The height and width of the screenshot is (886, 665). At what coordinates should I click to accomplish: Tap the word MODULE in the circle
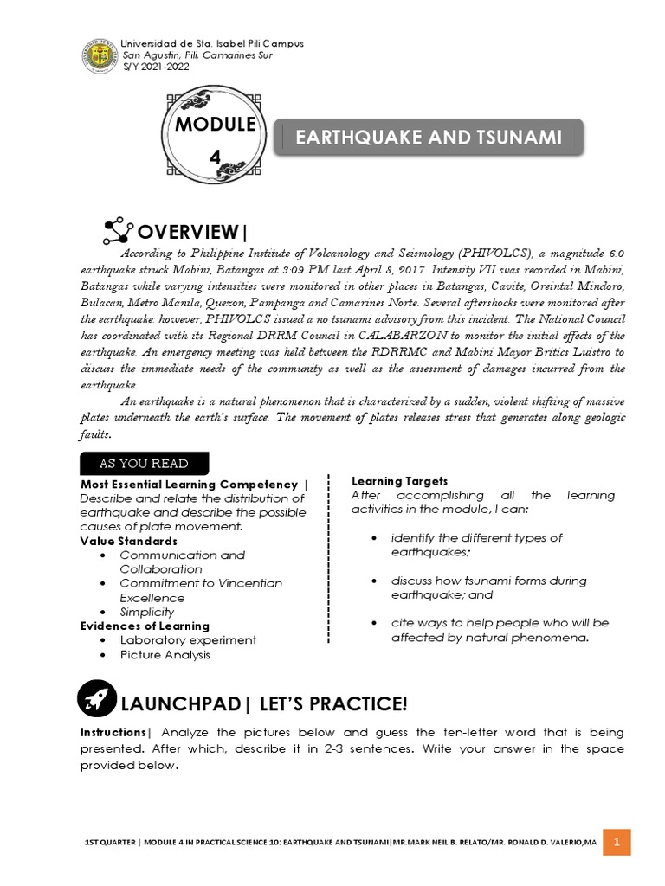click(216, 125)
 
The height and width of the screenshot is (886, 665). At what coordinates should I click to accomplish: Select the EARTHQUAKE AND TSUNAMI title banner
click(429, 137)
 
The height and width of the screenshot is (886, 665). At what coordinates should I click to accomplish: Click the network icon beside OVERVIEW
click(117, 231)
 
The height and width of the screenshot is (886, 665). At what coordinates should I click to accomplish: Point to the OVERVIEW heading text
click(193, 232)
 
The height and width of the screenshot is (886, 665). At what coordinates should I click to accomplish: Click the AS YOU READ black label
click(144, 463)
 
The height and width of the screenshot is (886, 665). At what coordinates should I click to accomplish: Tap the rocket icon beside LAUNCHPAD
click(96, 699)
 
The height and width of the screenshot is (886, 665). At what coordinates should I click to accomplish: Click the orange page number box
click(617, 842)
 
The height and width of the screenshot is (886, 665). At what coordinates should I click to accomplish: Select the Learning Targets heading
click(399, 480)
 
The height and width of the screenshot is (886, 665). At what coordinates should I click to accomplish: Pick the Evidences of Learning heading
click(145, 626)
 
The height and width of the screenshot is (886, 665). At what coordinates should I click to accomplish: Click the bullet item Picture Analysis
click(165, 655)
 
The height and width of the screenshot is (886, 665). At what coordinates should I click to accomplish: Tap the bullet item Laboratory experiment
click(188, 640)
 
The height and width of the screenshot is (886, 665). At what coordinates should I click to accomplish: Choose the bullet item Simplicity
click(147, 612)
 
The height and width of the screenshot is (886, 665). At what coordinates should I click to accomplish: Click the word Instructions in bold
click(115, 733)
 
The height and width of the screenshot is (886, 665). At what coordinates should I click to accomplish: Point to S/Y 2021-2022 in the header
click(156, 66)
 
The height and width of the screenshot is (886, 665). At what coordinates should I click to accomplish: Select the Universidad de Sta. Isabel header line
click(211, 43)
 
